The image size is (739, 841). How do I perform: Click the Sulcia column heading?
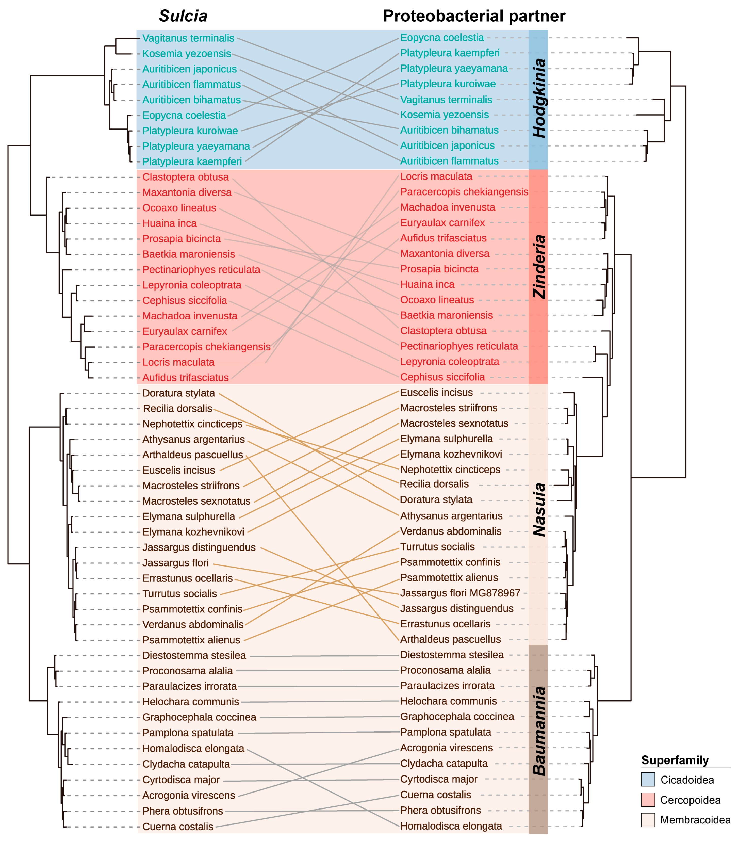click(x=183, y=16)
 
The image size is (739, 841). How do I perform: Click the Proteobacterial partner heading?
click(x=474, y=16)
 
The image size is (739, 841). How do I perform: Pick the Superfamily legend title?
click(x=675, y=760)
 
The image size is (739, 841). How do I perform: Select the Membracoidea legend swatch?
click(x=648, y=820)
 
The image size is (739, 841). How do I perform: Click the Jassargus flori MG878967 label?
click(x=460, y=593)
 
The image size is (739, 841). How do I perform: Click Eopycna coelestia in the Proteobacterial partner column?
click(x=442, y=37)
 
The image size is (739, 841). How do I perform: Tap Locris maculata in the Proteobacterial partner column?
click(x=436, y=176)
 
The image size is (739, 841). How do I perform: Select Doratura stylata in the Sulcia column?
click(x=178, y=393)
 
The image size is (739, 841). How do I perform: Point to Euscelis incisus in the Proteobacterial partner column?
click(x=436, y=393)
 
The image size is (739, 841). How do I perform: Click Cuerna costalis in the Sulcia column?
click(x=178, y=827)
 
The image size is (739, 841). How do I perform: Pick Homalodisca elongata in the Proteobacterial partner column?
click(x=451, y=826)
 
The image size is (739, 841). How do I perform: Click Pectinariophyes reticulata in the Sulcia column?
click(x=201, y=269)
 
